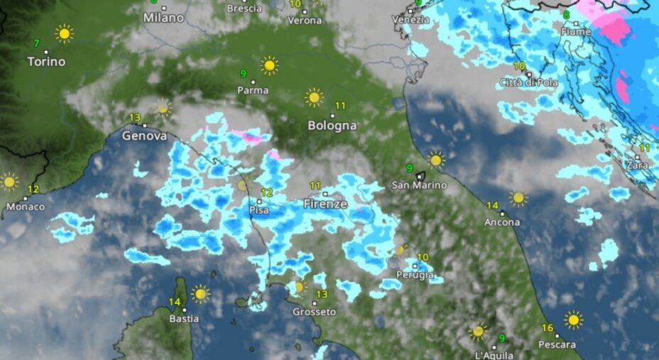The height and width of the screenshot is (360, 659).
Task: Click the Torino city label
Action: (46, 62)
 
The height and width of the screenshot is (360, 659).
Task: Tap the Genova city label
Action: (144, 135)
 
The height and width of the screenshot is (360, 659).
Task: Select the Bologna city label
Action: (332, 126)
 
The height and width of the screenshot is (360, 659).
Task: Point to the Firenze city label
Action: (325, 204)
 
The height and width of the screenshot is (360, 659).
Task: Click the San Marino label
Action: (420, 185)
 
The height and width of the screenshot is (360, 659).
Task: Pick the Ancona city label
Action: (502, 222)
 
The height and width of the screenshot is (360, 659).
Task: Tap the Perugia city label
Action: (415, 276)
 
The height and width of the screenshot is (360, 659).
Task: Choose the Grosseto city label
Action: (314, 312)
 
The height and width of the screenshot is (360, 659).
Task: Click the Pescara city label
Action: (557, 345)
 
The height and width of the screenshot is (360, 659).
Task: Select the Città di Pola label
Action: (528, 82)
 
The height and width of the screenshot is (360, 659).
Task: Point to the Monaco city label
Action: (26, 207)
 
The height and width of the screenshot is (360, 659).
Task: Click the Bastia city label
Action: (183, 319)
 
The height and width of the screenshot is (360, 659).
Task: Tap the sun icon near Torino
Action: (65, 33)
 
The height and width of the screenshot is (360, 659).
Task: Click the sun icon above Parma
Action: (269, 65)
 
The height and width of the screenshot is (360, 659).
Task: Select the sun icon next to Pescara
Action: (573, 320)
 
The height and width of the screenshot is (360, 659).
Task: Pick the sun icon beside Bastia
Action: (200, 293)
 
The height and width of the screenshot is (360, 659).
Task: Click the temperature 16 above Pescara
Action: (547, 328)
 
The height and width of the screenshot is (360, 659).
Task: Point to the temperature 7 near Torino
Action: (36, 43)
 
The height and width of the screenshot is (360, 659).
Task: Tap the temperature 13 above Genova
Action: (134, 117)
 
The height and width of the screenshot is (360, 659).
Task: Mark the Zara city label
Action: (636, 165)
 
